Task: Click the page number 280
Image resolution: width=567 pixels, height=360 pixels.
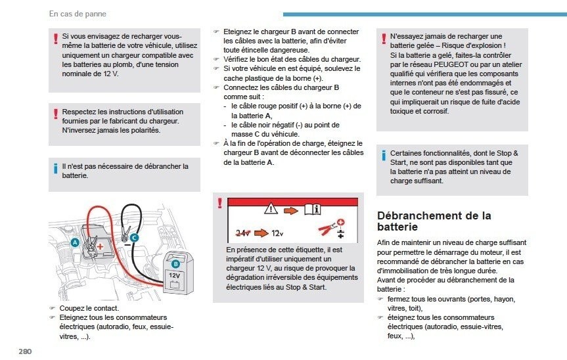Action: click(x=26, y=351)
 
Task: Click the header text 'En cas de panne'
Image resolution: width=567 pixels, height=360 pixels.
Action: click(x=78, y=14)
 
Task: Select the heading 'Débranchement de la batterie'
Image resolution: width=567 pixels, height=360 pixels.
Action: click(x=434, y=221)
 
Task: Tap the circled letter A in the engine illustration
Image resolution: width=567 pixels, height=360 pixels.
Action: click(x=75, y=242)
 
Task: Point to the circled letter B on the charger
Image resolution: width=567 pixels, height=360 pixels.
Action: click(x=175, y=264)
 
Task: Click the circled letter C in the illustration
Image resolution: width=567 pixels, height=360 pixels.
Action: click(x=134, y=237)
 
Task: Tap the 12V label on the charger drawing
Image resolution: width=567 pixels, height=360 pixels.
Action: click(x=174, y=275)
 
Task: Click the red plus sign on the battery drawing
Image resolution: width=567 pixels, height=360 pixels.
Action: click(x=100, y=247)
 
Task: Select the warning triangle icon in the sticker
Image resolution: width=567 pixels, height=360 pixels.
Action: click(x=271, y=208)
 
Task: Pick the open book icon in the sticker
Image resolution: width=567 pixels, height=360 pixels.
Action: click(x=313, y=210)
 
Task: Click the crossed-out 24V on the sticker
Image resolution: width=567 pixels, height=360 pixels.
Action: click(x=242, y=233)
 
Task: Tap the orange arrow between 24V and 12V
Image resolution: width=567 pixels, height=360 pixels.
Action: click(x=261, y=233)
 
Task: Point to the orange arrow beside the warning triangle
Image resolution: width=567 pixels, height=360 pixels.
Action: click(x=291, y=210)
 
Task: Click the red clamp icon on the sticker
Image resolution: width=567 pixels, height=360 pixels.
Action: click(x=327, y=229)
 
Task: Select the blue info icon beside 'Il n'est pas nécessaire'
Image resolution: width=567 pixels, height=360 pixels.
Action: click(x=55, y=168)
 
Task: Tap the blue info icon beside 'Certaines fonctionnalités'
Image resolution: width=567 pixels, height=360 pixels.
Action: click(x=383, y=156)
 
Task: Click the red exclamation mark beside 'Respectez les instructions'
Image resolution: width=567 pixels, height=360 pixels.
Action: click(x=56, y=114)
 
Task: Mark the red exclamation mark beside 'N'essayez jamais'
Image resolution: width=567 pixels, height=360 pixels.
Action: click(x=384, y=39)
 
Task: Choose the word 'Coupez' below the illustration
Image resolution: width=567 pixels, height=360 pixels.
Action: click(x=71, y=309)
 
